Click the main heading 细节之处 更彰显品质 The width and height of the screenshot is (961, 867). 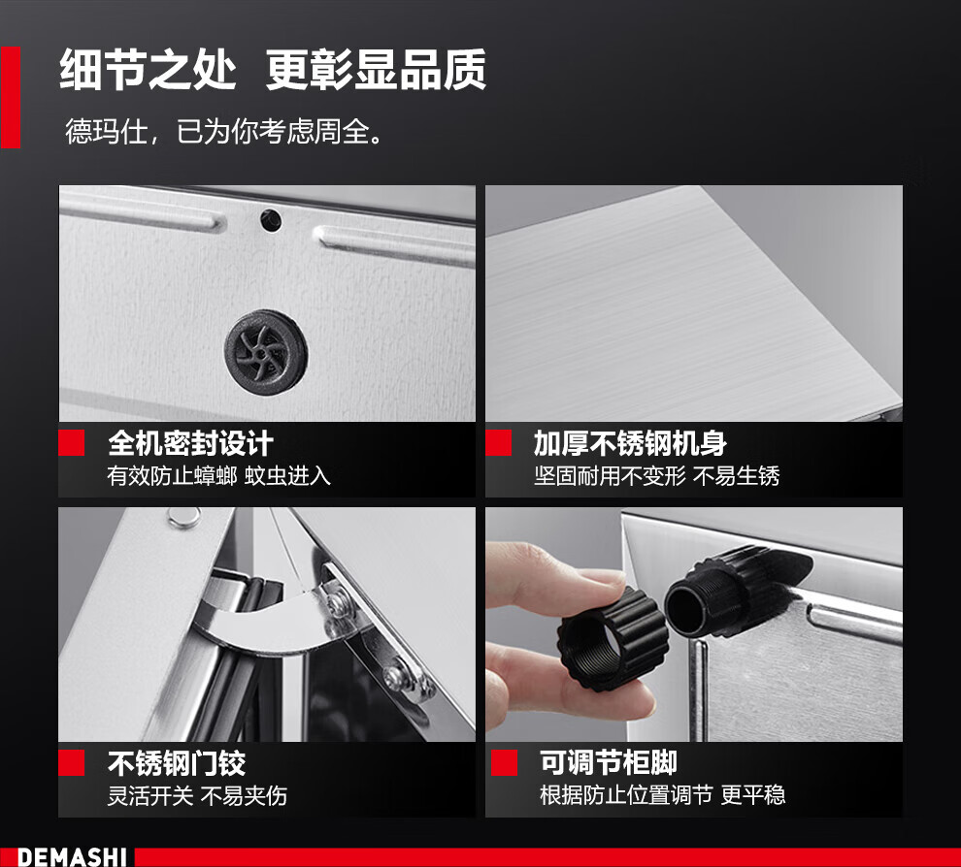pyautogui.click(x=273, y=70)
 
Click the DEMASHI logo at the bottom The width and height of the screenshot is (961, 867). pyautogui.click(x=72, y=856)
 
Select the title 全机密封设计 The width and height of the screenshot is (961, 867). pyautogui.click(x=190, y=443)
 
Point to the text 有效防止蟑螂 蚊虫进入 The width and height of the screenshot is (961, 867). pyautogui.click(x=218, y=476)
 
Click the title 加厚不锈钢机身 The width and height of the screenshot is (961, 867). pyautogui.click(x=630, y=443)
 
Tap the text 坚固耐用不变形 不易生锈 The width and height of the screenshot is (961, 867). pyautogui.click(x=656, y=476)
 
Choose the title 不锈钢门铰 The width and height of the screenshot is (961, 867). pyautogui.click(x=177, y=763)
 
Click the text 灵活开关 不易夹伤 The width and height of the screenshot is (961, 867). pyautogui.click(x=197, y=796)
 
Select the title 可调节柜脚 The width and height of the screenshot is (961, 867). pyautogui.click(x=608, y=763)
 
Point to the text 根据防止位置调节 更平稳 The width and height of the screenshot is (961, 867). pyautogui.click(x=662, y=795)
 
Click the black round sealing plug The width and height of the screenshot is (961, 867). pyautogui.click(x=266, y=352)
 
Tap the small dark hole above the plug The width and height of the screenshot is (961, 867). pyautogui.click(x=271, y=220)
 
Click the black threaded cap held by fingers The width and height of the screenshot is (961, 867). pyautogui.click(x=611, y=638)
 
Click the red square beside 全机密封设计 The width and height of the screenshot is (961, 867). pyautogui.click(x=71, y=442)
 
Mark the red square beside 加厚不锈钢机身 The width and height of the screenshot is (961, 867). pyautogui.click(x=498, y=442)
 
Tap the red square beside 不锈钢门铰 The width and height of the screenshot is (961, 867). pyautogui.click(x=71, y=763)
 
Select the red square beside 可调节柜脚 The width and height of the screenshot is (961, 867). pyautogui.click(x=504, y=762)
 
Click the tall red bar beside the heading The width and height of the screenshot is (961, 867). pyautogui.click(x=11, y=97)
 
